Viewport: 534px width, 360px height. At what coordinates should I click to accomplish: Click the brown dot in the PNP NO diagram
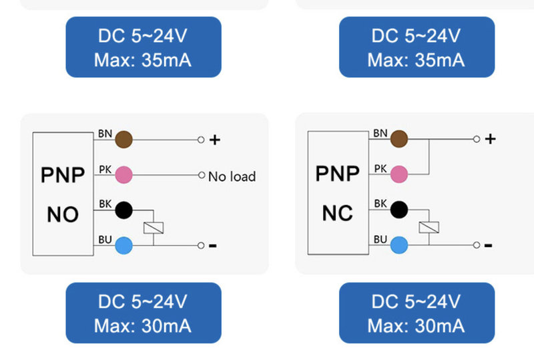[123, 140]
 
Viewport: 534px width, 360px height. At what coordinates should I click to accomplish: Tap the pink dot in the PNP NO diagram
[123, 175]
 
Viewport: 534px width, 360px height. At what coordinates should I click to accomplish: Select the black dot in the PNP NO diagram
[123, 210]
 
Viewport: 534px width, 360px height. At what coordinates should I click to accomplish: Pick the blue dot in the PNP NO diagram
[123, 246]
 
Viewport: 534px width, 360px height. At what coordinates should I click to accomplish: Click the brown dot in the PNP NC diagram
[398, 139]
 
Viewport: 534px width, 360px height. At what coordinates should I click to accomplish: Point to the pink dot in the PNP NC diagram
[398, 174]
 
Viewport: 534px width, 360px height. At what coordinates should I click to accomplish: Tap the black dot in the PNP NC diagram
[398, 209]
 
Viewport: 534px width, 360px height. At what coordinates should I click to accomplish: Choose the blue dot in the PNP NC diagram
[398, 245]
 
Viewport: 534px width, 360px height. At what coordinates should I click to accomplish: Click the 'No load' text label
[232, 176]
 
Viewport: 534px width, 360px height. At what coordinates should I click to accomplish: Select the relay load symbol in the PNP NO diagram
[154, 228]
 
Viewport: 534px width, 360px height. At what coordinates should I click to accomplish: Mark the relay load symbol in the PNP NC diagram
[429, 227]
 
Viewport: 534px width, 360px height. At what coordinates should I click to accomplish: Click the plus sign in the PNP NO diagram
[214, 140]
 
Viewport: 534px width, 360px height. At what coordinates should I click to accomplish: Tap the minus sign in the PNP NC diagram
[488, 245]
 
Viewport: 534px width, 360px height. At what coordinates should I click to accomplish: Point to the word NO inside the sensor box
[63, 214]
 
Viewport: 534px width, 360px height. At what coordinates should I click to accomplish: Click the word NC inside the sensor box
[338, 213]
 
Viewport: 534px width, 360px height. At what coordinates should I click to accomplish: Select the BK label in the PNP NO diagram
[105, 204]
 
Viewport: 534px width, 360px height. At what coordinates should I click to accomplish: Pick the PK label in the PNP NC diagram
[380, 169]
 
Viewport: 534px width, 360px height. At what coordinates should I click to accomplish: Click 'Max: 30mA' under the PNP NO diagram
[143, 326]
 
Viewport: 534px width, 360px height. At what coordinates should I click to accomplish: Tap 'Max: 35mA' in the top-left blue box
[143, 60]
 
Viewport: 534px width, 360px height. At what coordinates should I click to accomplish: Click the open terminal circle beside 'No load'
[202, 175]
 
